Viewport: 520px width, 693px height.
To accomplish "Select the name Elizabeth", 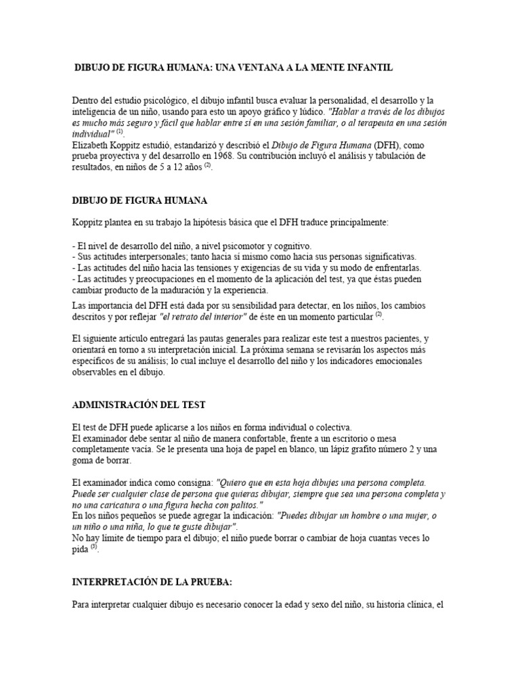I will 91,145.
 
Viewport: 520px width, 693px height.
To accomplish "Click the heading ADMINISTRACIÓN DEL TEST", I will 139,405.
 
